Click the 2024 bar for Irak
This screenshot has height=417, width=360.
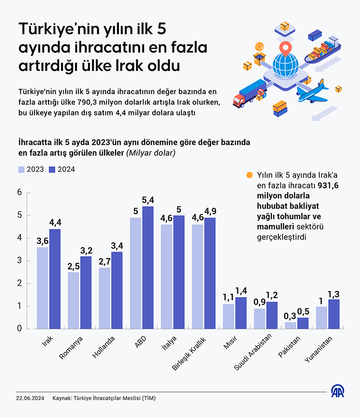[55, 279]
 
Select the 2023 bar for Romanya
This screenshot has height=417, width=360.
[73, 300]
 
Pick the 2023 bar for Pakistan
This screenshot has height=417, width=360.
[290, 325]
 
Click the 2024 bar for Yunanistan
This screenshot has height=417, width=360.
[334, 314]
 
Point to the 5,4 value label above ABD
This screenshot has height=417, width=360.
[148, 200]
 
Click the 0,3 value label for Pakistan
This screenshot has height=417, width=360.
[290, 316]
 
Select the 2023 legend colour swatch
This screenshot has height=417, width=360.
[21, 169]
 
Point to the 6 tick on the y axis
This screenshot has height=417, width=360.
[20, 192]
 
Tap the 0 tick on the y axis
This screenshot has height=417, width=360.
[20, 329]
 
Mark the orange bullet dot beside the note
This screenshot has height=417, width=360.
[249, 175]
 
